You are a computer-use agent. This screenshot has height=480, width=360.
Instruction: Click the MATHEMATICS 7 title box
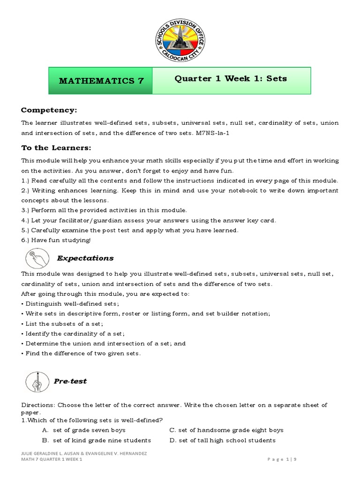[x=101, y=81]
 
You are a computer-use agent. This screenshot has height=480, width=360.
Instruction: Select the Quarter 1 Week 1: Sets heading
[x=231, y=78]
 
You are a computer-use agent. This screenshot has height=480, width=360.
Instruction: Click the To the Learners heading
[x=56, y=148]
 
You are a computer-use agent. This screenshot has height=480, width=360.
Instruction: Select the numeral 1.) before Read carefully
[x=27, y=180]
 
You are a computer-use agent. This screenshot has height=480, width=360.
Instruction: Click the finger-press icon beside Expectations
[x=36, y=258]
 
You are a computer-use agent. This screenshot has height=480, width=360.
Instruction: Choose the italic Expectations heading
[x=85, y=258]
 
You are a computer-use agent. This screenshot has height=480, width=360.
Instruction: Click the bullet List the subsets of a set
[x=62, y=323]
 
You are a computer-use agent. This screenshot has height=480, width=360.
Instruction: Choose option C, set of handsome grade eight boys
[x=226, y=430]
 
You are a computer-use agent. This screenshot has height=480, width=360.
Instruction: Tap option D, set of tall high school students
[x=222, y=440]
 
